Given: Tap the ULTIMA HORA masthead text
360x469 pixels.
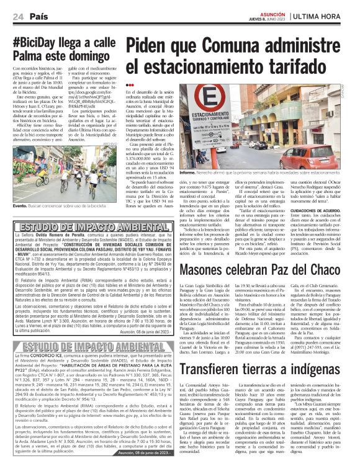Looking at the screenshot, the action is [x=323, y=16].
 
